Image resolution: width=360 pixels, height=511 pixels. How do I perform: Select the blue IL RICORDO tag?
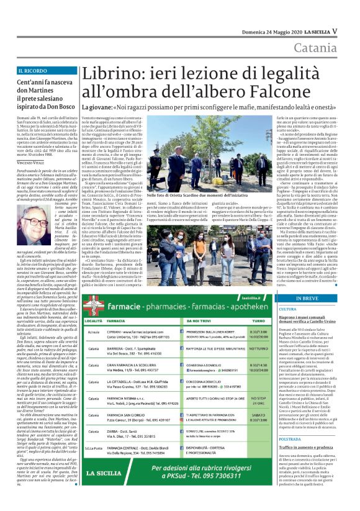tap(35, 71)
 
